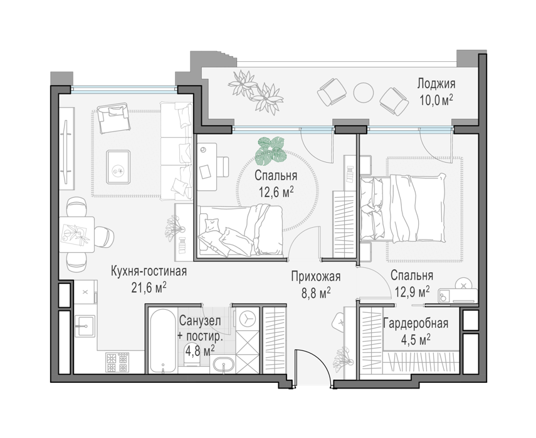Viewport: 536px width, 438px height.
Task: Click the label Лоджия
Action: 436,83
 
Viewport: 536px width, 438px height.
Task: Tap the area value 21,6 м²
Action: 149,288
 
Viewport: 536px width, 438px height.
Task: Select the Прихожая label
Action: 316,277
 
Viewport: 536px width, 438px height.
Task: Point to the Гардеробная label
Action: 416,323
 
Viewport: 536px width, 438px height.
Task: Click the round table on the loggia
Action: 363,93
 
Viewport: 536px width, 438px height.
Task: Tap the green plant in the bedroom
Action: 271,150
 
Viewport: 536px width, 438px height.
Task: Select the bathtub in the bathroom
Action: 163,341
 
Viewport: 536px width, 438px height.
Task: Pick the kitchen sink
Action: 85,326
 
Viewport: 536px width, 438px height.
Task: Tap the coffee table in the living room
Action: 118,167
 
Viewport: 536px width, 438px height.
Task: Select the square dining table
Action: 77,235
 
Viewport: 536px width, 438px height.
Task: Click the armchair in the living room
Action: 113,118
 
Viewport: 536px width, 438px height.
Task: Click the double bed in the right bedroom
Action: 403,208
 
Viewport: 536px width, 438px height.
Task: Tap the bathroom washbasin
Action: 224,364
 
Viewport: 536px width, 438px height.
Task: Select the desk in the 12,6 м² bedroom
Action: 207,167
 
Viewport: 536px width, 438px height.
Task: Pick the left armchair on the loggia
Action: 330,91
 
